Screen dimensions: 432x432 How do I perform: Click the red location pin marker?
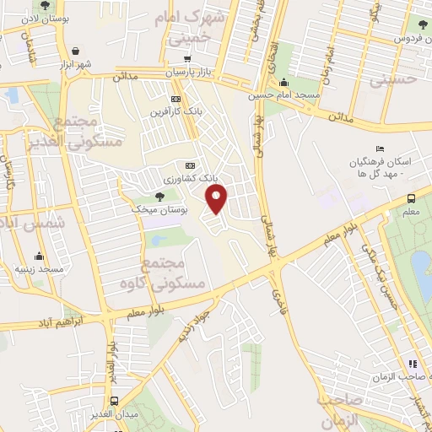click(x=218, y=199)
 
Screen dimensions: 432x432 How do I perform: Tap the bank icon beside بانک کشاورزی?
click(x=190, y=165)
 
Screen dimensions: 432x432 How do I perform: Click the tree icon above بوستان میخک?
click(x=159, y=196)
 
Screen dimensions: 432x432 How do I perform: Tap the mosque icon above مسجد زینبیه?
click(x=38, y=256)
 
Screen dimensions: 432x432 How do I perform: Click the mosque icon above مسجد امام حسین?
click(x=283, y=83)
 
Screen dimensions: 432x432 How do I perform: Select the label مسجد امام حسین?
click(x=283, y=95)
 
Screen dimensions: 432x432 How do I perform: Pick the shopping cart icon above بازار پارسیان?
click(x=186, y=60)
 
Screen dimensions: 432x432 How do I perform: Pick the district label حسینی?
click(x=394, y=81)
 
